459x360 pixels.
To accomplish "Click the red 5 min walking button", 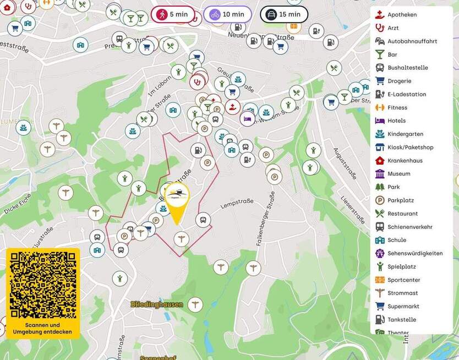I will click(173, 14).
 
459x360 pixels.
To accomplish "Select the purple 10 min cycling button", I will click(227, 14).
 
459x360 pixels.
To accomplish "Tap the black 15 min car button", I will click(283, 14).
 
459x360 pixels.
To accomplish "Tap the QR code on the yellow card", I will click(43, 286).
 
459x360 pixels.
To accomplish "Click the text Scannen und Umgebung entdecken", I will click(43, 328).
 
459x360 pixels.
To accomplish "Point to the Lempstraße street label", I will click(237, 204).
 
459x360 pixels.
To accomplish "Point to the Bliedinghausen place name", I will click(157, 304).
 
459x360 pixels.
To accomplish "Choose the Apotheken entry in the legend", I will click(402, 15).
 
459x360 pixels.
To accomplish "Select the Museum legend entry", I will click(398, 174).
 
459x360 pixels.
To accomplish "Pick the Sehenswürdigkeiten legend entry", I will click(414, 253).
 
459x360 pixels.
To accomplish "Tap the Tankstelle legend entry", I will click(401, 320).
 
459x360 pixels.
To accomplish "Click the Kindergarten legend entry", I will click(405, 134).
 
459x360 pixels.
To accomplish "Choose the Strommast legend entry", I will click(403, 293).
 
